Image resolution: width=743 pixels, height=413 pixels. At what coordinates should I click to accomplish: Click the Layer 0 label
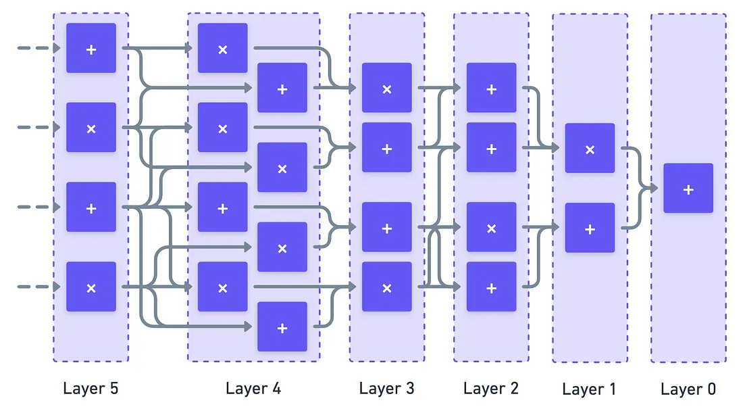(688, 389)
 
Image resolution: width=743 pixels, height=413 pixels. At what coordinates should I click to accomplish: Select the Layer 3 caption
(386, 389)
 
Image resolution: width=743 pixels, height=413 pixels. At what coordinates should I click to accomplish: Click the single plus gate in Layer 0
(688, 189)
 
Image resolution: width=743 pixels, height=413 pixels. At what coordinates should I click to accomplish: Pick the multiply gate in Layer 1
(590, 149)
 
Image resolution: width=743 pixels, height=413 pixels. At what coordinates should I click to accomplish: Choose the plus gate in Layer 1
(590, 228)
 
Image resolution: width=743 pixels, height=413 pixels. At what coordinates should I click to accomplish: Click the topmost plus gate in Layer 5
(91, 48)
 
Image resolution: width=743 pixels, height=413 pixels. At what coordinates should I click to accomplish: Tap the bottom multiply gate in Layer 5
(91, 287)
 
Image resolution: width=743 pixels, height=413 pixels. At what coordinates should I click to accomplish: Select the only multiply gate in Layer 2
(491, 228)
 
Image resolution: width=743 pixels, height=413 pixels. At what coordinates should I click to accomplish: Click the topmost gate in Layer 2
(491, 88)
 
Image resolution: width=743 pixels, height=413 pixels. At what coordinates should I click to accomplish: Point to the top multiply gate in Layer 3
(386, 88)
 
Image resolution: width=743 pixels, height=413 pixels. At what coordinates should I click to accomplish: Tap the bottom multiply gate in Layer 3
(386, 287)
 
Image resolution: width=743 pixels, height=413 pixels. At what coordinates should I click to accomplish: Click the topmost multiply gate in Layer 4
(222, 48)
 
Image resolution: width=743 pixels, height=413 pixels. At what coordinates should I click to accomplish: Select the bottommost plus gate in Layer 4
(282, 327)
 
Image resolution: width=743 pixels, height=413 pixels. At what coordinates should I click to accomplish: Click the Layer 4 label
(253, 389)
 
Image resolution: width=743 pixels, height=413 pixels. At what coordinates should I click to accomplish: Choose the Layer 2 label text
(491, 389)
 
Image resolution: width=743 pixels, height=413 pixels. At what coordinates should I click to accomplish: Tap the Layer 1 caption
(589, 389)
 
